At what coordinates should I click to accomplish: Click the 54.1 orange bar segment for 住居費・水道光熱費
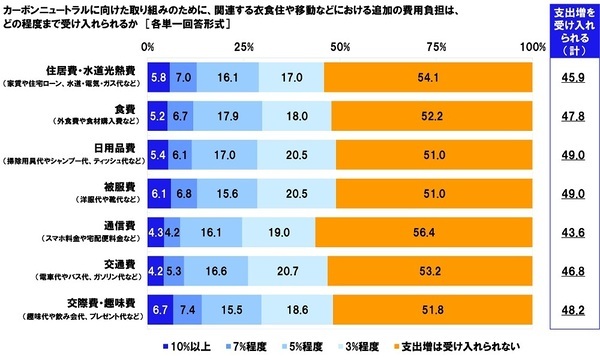pos(428,76)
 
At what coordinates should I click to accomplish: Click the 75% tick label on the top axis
pos(437,47)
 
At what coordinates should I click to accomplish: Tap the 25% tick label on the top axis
pos(244,47)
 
